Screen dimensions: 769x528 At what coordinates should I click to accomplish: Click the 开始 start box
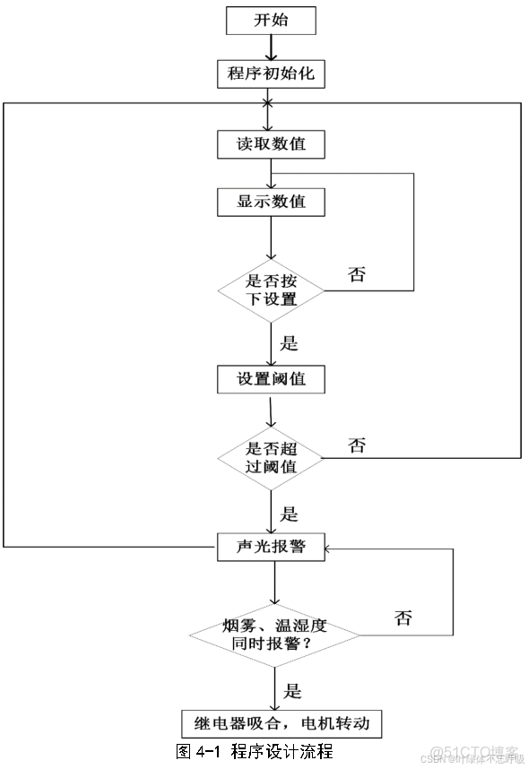(x=271, y=19)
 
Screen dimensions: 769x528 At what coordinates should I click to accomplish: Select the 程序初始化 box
(x=271, y=73)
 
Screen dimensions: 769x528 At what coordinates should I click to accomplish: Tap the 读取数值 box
(x=271, y=144)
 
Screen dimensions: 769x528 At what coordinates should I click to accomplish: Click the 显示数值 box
(x=271, y=202)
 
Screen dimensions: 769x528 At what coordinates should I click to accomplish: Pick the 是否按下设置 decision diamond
(x=271, y=289)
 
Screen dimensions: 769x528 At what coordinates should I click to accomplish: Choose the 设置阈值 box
(x=271, y=378)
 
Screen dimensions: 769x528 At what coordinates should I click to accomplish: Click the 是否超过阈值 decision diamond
(x=271, y=457)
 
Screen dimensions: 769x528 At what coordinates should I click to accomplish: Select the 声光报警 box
(x=271, y=546)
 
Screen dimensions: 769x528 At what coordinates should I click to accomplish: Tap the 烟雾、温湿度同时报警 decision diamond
(x=273, y=635)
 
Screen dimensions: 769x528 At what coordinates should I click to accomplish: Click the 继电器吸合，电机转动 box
(x=274, y=722)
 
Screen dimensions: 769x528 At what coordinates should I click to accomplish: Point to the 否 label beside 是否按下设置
(x=357, y=274)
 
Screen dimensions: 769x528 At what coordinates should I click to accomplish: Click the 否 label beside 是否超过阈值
(x=357, y=445)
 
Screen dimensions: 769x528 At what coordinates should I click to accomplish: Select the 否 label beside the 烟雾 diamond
(x=403, y=618)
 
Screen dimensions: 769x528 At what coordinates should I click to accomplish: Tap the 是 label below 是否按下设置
(x=289, y=342)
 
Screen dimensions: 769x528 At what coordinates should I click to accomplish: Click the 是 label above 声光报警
(x=289, y=514)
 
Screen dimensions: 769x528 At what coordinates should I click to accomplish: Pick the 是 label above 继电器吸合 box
(x=292, y=690)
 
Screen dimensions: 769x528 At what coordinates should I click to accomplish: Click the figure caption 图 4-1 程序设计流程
(x=255, y=751)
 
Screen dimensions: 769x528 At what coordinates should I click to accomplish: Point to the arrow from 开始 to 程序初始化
(x=271, y=46)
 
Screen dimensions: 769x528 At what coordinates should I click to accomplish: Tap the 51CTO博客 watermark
(x=474, y=751)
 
